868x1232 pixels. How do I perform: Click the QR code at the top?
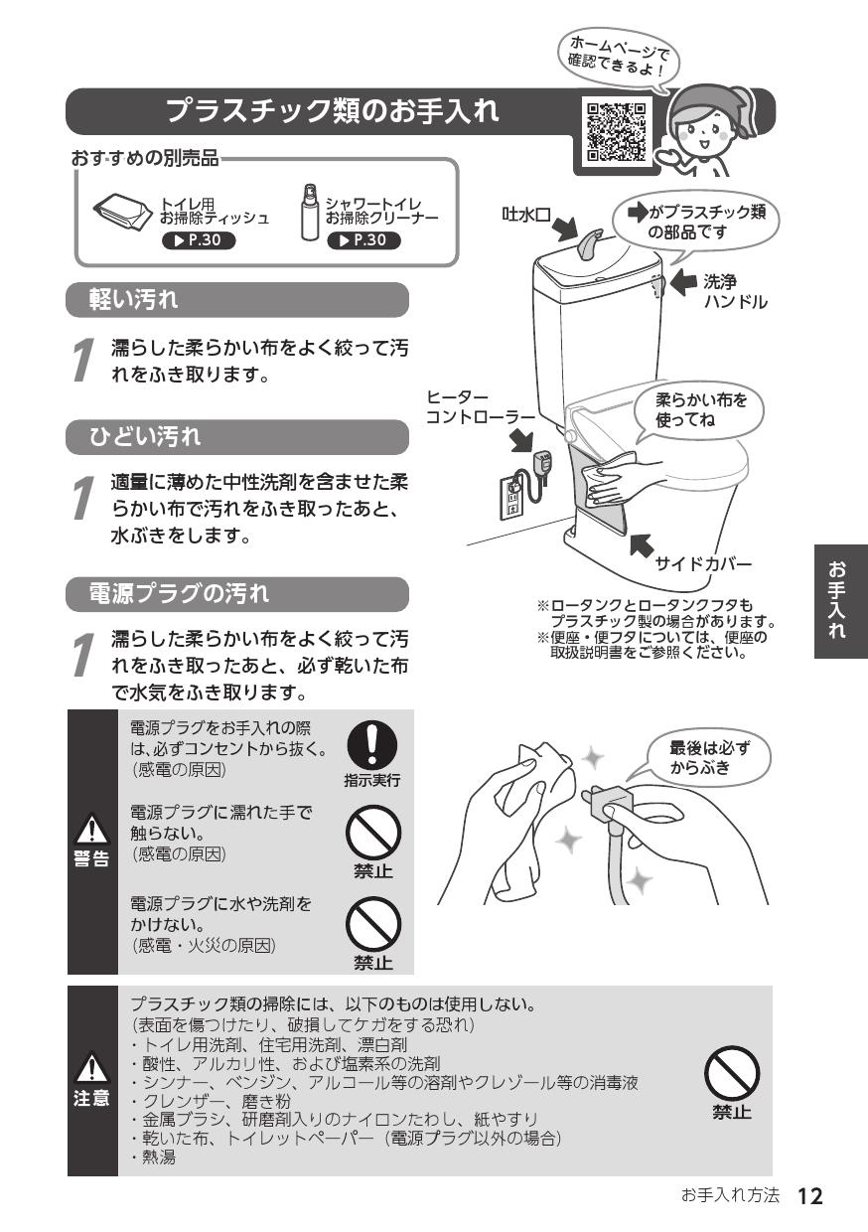tap(616, 131)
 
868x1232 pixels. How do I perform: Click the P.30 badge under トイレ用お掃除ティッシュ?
tap(200, 240)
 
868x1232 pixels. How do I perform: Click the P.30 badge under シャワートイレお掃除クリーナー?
tap(366, 240)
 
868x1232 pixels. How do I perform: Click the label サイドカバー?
tap(703, 564)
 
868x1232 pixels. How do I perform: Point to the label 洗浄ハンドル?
tap(735, 292)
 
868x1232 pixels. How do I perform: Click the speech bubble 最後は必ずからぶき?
tap(706, 758)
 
